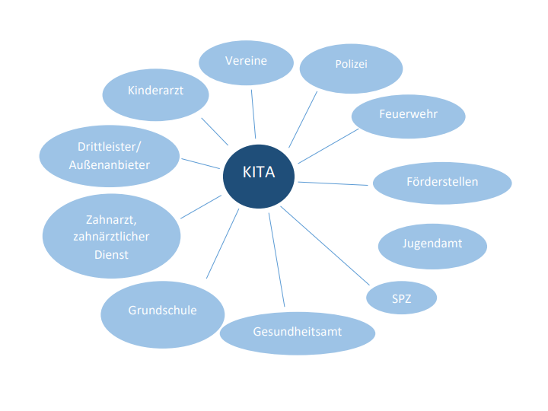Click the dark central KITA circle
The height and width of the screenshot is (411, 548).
pos(259,174)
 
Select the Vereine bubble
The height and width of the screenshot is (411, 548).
pos(246,61)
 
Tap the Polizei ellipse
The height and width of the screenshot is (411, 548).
pos(350,65)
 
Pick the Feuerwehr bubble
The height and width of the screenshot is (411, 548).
pos(408,116)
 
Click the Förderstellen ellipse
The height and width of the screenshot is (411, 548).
pos(441,183)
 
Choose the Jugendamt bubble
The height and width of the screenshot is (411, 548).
pos(432,245)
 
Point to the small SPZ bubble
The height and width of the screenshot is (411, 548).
pos(401,298)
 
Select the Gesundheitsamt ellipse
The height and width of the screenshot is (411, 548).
pos(298,333)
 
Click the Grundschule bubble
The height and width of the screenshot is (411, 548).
pos(162,311)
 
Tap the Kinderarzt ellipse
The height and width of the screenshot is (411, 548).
pos(156,91)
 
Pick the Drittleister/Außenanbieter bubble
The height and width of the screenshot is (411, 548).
pos(108,155)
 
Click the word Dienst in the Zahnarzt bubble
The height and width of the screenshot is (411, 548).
pos(112,255)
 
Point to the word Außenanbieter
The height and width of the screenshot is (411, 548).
pos(108,164)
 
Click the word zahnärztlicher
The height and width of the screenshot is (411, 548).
pos(111,237)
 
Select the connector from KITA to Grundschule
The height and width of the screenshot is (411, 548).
pos(222,243)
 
